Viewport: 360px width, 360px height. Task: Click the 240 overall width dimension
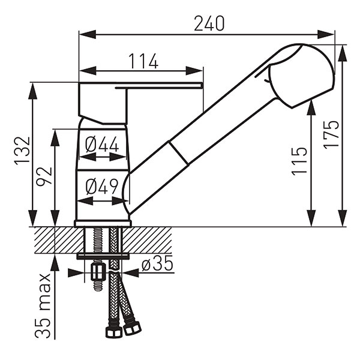pyautogui.click(x=209, y=23)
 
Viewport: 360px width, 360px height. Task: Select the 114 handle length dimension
pyautogui.click(x=143, y=61)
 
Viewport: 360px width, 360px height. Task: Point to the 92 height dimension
pyautogui.click(x=44, y=176)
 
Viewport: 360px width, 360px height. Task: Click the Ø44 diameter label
pyautogui.click(x=102, y=145)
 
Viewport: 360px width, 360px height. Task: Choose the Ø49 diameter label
pyautogui.click(x=102, y=186)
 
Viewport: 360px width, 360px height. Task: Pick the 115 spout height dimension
pyautogui.click(x=299, y=161)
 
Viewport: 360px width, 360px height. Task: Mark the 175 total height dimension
pyautogui.click(x=331, y=134)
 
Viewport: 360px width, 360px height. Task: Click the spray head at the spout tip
pyautogui.click(x=301, y=76)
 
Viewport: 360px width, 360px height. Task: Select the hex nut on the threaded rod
pyautogui.click(x=98, y=272)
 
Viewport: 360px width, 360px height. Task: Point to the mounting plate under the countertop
pyautogui.click(x=103, y=256)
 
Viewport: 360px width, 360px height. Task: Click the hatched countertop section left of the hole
pyautogui.click(x=59, y=240)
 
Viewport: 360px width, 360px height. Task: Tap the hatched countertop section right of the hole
pyautogui.click(x=147, y=240)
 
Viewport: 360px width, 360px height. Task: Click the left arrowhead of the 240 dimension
pyautogui.click(x=87, y=35)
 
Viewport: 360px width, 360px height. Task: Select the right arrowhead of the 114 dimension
pyautogui.click(x=194, y=71)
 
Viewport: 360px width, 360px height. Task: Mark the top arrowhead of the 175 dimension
pyautogui.click(x=343, y=53)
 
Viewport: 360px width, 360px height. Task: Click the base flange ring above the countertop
pyautogui.click(x=103, y=223)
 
